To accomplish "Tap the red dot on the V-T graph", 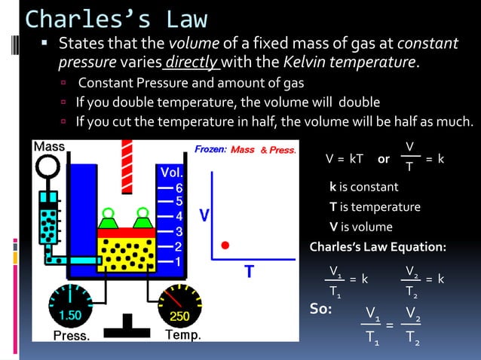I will coord(225,245).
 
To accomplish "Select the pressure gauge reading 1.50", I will coord(70,315).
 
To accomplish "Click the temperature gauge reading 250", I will coord(179,316).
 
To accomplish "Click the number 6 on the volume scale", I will coord(179,187).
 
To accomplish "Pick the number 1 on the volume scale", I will coord(179,261).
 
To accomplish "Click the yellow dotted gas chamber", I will coord(126,252).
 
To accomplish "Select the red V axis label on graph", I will coord(204,216).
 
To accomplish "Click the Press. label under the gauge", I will coord(72,336).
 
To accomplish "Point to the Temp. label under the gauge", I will coord(182,336).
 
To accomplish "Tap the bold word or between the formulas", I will coord(383,159).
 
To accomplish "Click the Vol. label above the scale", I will coord(168,172).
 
